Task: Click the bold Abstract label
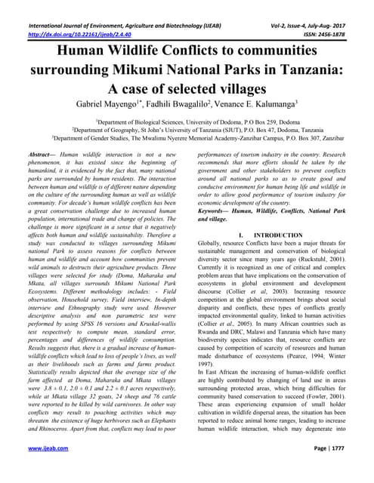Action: point(40,154)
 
